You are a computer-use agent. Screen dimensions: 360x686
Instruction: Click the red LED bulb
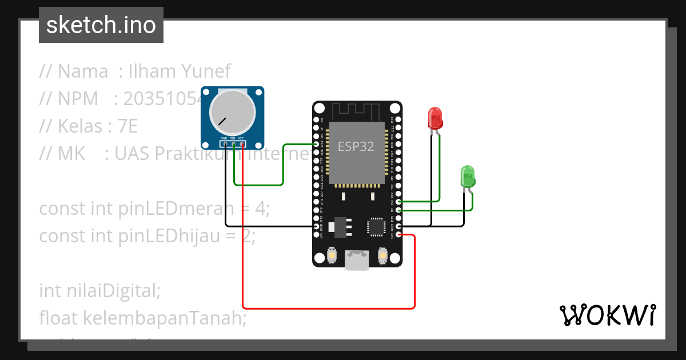click(x=435, y=118)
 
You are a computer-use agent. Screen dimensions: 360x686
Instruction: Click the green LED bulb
click(x=467, y=176)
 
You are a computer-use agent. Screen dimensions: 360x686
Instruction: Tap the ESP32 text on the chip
click(x=356, y=146)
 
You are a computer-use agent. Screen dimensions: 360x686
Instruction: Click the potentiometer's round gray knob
click(x=231, y=113)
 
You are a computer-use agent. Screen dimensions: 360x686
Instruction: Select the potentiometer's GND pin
click(x=226, y=144)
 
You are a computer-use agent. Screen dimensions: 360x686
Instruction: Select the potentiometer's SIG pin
click(x=233, y=144)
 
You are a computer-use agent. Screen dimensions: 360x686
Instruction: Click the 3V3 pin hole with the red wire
click(x=398, y=235)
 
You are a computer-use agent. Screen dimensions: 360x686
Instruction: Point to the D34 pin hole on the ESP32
click(x=317, y=144)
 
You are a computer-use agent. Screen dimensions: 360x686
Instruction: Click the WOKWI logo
click(x=607, y=315)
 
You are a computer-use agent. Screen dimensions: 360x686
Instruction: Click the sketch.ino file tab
click(x=101, y=25)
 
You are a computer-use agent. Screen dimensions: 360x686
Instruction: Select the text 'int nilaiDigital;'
click(x=100, y=290)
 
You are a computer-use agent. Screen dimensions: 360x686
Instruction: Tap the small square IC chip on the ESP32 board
click(x=377, y=226)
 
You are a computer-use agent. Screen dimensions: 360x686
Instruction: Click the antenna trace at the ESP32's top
click(x=356, y=110)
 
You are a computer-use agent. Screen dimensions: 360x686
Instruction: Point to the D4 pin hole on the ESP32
click(x=398, y=202)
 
